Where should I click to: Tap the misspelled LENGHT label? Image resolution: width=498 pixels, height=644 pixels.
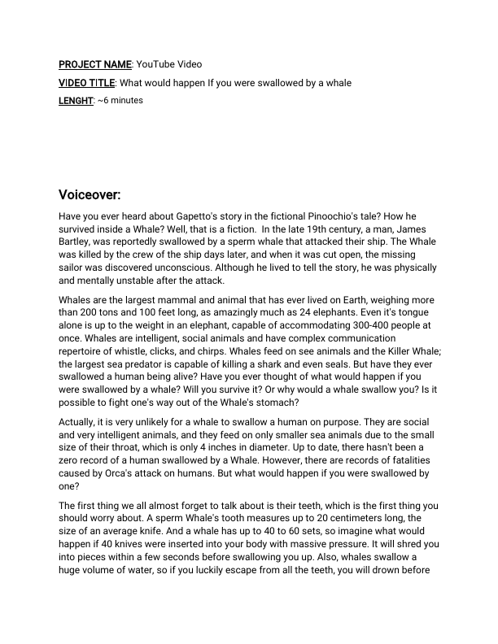pos(76,101)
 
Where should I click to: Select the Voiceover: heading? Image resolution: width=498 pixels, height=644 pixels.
pos(90,196)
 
